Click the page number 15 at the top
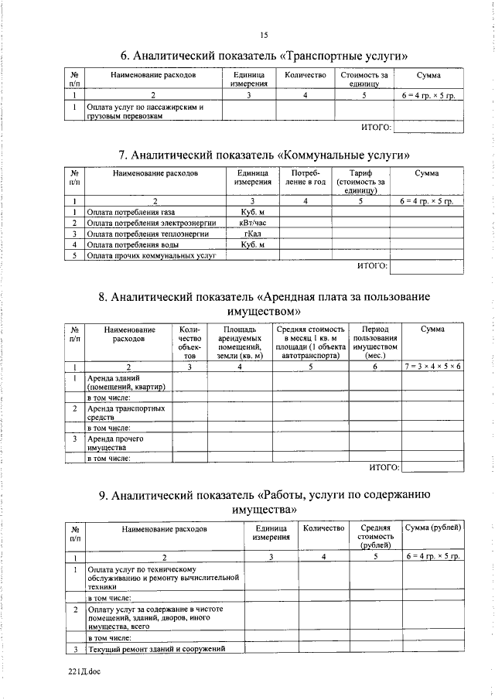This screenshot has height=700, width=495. click(x=263, y=35)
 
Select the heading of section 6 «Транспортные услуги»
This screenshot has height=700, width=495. click(x=263, y=56)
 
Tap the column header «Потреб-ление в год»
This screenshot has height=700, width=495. click(x=306, y=179)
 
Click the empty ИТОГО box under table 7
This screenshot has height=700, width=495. click(x=428, y=267)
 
